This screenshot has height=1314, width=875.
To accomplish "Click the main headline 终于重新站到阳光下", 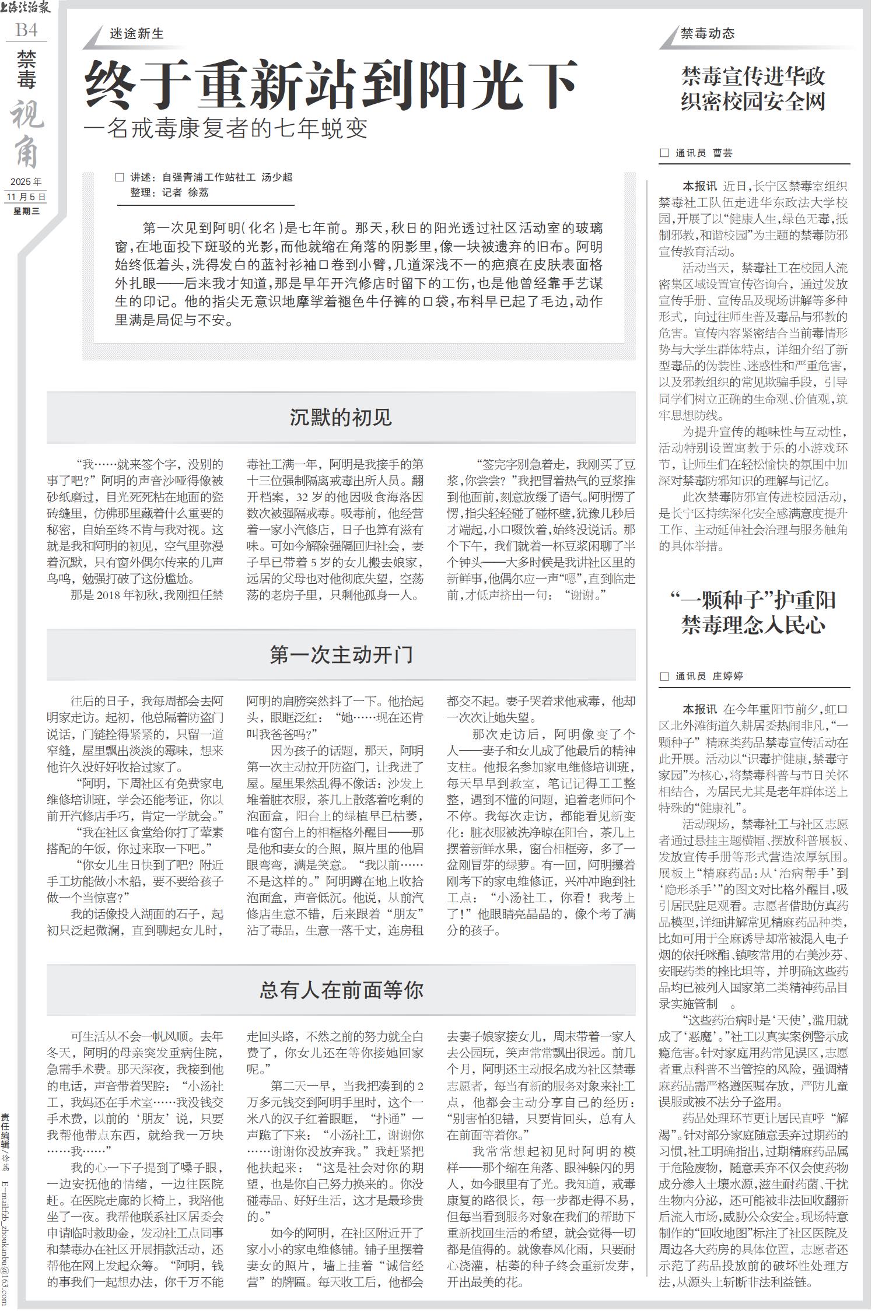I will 331,86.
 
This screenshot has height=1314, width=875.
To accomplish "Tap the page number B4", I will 26,30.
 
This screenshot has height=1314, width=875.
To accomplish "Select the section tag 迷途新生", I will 136,34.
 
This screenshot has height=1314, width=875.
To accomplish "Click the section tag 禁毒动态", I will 708,34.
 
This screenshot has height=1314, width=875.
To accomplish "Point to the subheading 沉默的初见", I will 341,418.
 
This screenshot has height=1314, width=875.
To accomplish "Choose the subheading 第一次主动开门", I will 341,654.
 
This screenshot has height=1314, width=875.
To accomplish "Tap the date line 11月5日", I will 26,197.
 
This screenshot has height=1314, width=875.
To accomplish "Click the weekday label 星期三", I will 26,211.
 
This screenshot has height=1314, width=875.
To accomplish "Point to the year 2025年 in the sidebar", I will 26,182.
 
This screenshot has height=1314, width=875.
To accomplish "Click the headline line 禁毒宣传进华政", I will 753,76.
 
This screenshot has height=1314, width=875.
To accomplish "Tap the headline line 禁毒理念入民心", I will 753,626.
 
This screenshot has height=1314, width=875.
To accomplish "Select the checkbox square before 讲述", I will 120,177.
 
